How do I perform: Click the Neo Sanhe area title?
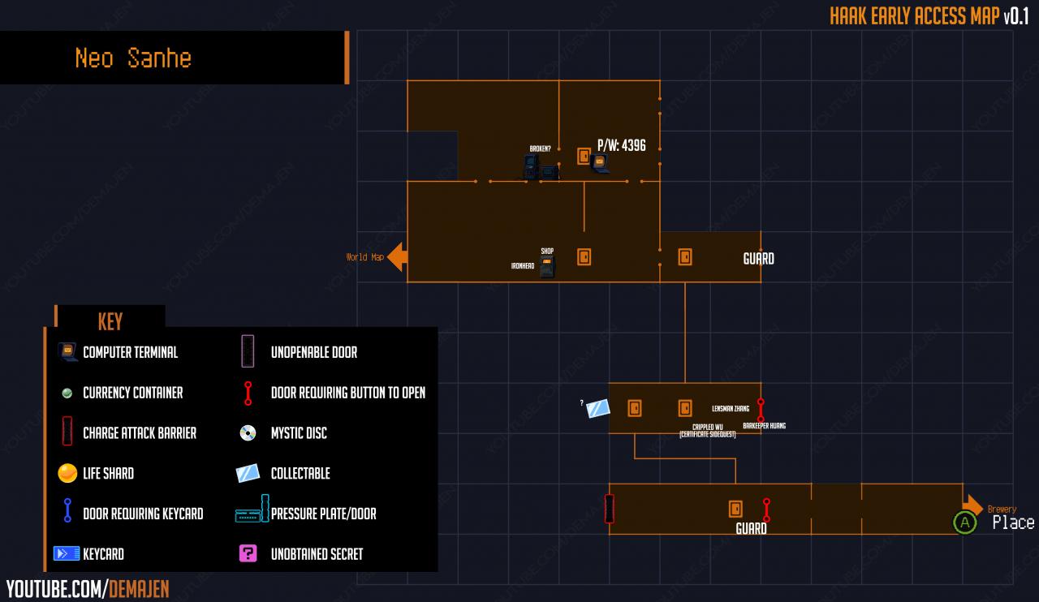tap(133, 58)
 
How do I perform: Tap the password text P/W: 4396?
tap(622, 145)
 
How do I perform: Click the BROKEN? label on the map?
tap(540, 148)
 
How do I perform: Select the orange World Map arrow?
tap(397, 257)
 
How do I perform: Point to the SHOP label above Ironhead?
tap(547, 251)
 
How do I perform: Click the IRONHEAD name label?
tap(523, 265)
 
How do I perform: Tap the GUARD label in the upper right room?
tap(758, 259)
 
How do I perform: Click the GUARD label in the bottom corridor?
tap(751, 529)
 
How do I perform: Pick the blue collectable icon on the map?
tap(598, 408)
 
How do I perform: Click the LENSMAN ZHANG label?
tap(730, 409)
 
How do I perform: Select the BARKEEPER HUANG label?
tap(764, 426)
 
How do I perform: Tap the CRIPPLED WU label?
tap(708, 427)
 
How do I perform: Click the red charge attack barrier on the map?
tap(610, 509)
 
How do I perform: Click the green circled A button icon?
tap(964, 522)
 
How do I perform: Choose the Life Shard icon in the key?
tap(67, 473)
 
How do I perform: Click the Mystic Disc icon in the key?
tap(248, 433)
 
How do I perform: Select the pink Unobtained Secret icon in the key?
tap(248, 554)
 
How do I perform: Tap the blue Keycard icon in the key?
tap(66, 554)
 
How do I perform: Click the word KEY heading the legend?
tap(110, 321)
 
